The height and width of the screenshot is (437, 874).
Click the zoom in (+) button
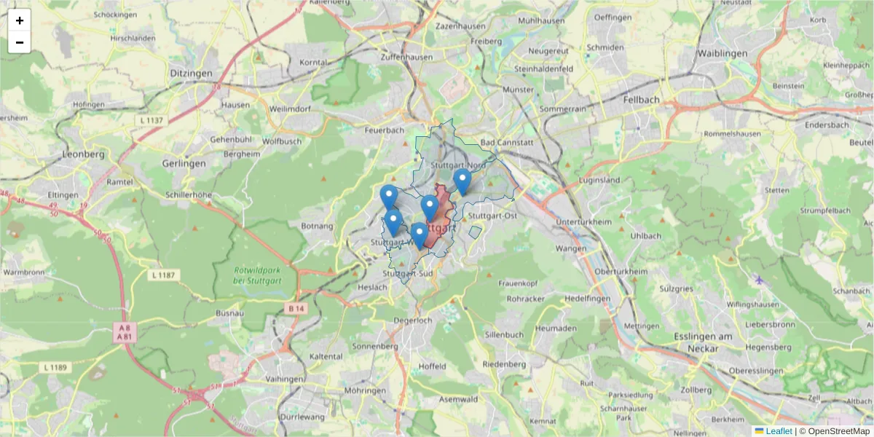pyautogui.click(x=20, y=20)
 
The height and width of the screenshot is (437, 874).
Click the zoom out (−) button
pyautogui.click(x=20, y=42)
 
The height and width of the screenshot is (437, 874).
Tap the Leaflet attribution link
pyautogui.click(x=779, y=430)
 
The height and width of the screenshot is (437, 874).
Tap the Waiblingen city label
pyautogui.click(x=722, y=55)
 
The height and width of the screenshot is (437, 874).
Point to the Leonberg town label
pyautogui.click(x=84, y=154)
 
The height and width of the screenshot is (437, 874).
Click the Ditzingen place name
pyautogui.click(x=191, y=74)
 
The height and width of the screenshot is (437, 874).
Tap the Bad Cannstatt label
pyautogui.click(x=503, y=143)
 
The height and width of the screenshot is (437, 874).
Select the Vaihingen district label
pyautogui.click(x=285, y=379)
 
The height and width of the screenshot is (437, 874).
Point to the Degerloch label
pyautogui.click(x=413, y=320)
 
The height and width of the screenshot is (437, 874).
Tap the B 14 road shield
pyautogui.click(x=295, y=309)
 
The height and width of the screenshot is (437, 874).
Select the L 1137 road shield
pyautogui.click(x=152, y=119)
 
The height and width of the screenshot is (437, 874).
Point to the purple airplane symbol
pyautogui.click(x=760, y=280)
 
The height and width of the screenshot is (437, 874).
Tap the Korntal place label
pyautogui.click(x=314, y=63)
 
